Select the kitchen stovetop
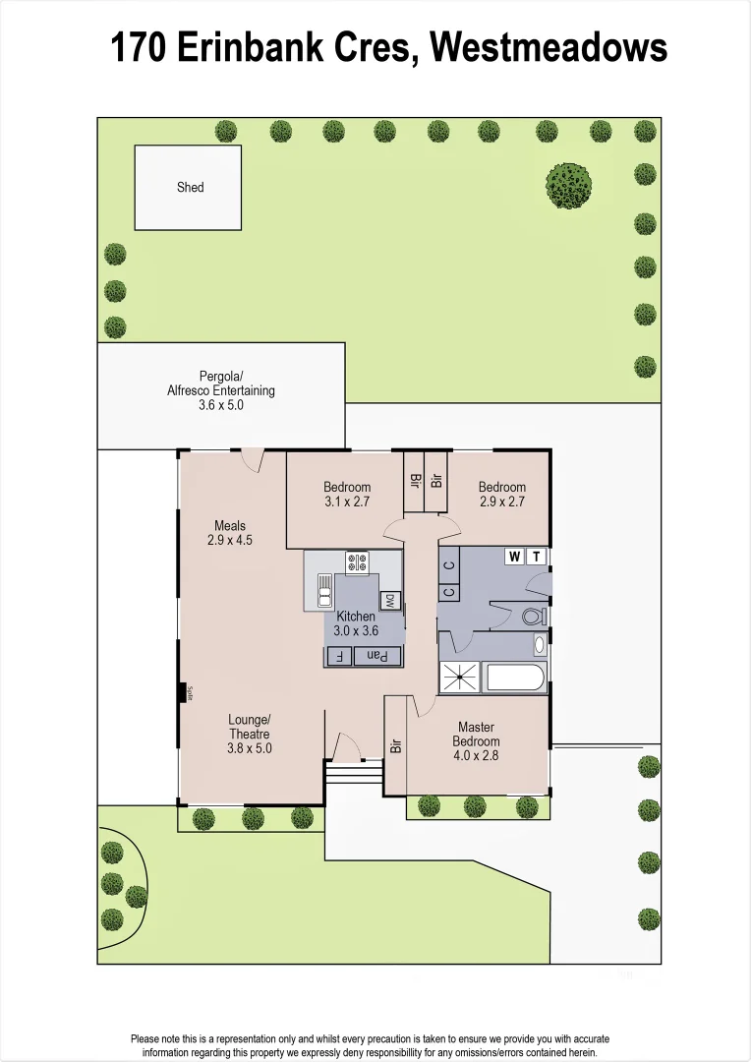point(357,563)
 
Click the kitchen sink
point(324,592)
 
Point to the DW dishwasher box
point(389,601)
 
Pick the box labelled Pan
point(377,656)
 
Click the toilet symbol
point(533,618)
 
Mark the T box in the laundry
point(537,557)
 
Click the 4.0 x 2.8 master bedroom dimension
point(477,755)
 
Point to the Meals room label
point(230,526)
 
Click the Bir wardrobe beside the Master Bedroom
point(395,745)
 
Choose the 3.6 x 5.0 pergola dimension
point(220,404)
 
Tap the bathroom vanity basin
point(539,646)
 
